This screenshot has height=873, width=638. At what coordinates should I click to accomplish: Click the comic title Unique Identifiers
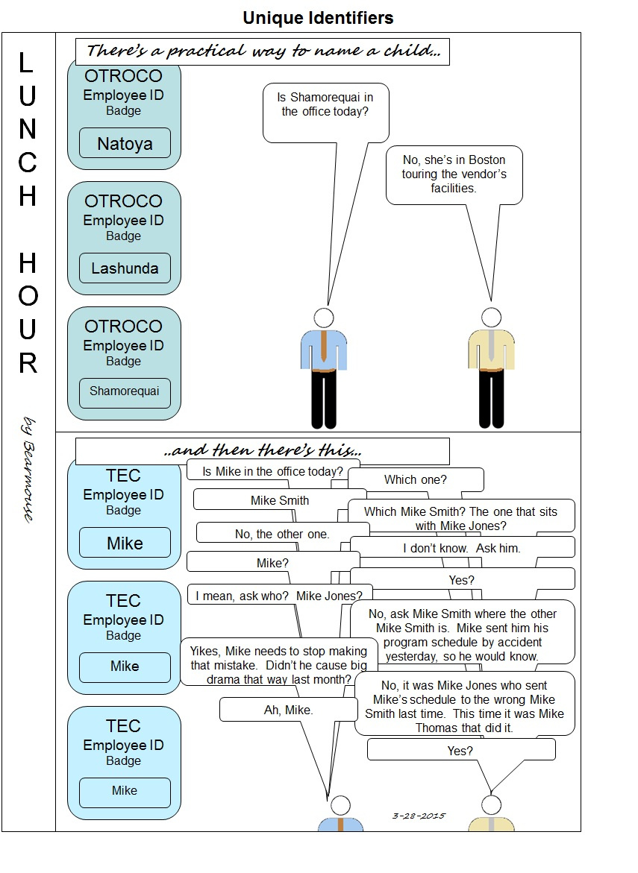pos(318,17)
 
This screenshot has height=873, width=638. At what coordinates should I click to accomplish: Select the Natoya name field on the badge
pos(125,143)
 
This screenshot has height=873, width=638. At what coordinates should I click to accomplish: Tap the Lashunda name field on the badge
pos(125,268)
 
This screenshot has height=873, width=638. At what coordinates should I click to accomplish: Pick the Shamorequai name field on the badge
pos(125,391)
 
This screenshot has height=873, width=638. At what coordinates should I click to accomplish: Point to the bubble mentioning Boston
pos(454,174)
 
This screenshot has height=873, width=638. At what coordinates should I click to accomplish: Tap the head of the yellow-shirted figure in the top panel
pos(491,316)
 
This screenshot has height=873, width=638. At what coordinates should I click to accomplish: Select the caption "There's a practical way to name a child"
pos(262,51)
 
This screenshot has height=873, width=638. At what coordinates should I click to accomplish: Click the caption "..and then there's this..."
pos(263,451)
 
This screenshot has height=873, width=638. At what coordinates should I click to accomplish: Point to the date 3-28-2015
pos(419,816)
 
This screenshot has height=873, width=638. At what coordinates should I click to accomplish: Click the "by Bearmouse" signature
pos(29,470)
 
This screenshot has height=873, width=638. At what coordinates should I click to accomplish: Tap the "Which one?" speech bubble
pos(415,479)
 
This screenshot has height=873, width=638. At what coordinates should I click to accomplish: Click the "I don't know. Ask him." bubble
pos(462,548)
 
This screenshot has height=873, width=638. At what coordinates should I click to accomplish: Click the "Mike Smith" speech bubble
pos(279,500)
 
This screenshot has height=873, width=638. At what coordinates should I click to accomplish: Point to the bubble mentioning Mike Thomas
pos(464,706)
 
